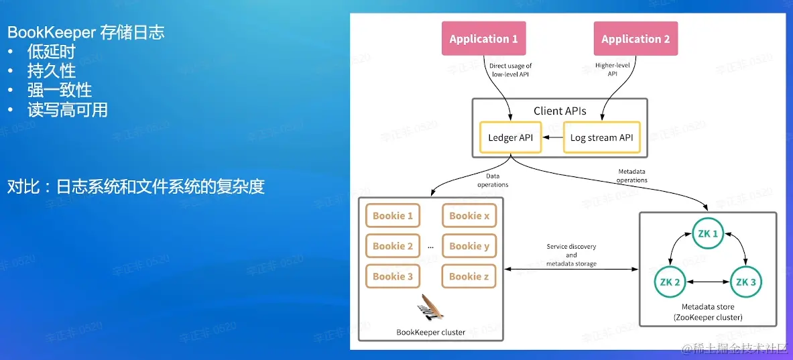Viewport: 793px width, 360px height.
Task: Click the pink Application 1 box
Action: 483,39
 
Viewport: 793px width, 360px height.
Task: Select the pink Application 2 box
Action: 635,39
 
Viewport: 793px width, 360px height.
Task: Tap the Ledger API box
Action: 511,137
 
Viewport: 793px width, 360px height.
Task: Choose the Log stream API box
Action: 601,137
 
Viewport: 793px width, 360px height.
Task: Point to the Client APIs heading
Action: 560,111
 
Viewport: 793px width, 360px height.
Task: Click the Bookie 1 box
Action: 393,216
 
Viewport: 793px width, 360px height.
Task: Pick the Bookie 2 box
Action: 393,246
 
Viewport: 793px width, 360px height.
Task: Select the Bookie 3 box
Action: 393,276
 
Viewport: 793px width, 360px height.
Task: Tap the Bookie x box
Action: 469,216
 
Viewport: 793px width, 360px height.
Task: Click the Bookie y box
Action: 469,246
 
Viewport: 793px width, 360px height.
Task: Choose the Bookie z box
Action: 469,276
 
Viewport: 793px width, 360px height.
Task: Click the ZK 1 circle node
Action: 708,234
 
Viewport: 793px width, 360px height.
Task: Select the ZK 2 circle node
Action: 670,282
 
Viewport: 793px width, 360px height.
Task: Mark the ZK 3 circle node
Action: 745,282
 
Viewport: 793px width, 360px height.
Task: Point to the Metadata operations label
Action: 631,176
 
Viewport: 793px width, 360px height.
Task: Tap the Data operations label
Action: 493,181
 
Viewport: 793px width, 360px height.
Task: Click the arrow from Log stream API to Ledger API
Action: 552,137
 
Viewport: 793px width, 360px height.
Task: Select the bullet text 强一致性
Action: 60,90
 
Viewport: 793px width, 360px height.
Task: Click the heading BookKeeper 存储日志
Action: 86,32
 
